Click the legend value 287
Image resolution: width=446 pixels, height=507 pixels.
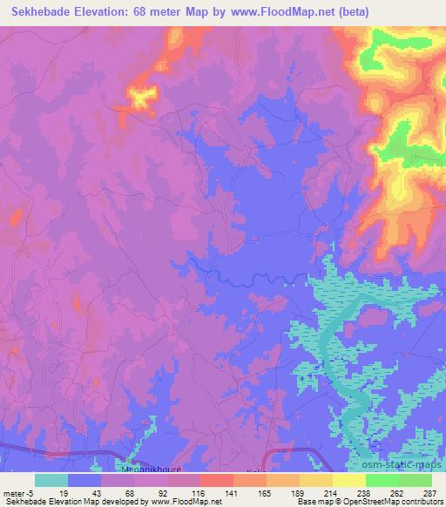[429, 492]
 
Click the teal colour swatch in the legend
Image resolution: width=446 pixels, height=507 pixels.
[51, 480]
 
